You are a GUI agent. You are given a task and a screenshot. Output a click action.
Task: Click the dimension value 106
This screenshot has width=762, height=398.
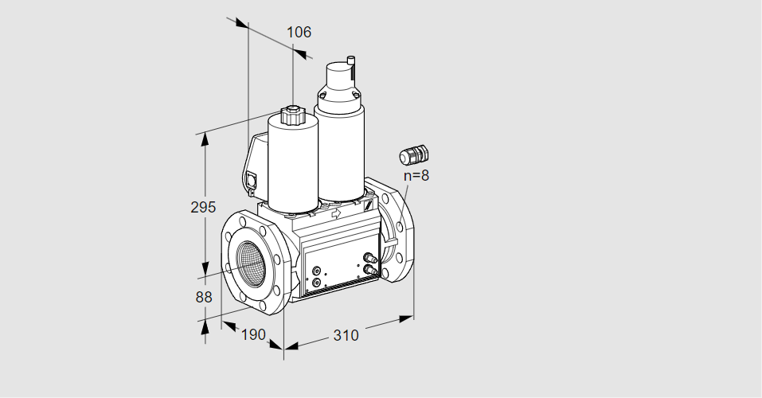[x=299, y=32]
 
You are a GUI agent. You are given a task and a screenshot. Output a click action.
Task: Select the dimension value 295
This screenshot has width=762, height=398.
[x=203, y=207]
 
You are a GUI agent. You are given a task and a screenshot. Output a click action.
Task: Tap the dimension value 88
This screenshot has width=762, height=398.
[x=204, y=297]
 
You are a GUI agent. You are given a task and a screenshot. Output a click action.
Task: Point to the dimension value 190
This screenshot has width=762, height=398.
[x=253, y=334]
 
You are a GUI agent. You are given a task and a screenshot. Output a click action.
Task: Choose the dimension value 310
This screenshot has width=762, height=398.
[x=346, y=335]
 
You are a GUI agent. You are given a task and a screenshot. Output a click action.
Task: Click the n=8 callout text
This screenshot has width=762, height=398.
[x=416, y=175]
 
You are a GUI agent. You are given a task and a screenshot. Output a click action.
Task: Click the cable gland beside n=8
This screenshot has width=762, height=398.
[x=413, y=154]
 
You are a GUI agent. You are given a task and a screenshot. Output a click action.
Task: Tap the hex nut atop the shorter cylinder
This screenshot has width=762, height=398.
[x=291, y=115]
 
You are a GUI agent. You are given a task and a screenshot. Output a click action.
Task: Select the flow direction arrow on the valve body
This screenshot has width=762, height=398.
[x=336, y=213]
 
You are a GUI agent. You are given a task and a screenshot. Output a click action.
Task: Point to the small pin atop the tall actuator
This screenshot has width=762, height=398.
[x=350, y=60]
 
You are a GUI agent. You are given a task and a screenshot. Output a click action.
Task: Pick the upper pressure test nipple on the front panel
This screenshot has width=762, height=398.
[x=369, y=258]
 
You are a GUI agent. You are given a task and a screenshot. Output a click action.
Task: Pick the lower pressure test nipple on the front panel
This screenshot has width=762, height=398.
[x=369, y=269]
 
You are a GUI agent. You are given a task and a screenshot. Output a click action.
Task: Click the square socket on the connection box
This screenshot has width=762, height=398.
[x=252, y=179]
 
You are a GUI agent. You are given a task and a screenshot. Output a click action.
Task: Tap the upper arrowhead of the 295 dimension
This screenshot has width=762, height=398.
[x=205, y=139]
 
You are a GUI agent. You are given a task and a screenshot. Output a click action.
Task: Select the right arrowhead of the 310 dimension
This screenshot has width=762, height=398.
[x=406, y=318]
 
